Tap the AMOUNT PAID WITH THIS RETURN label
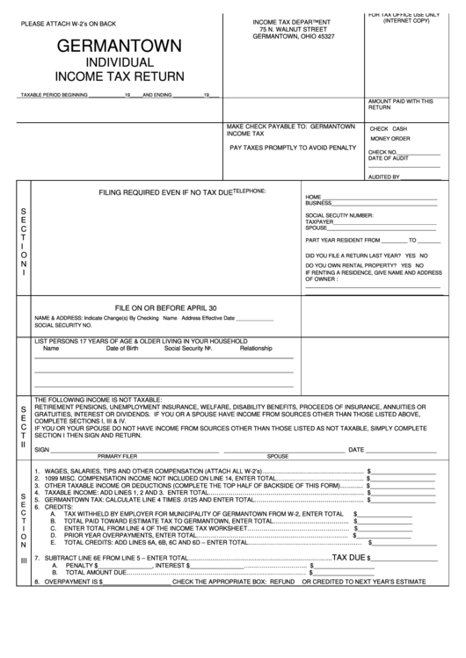click(x=400, y=105)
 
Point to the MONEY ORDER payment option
click(x=390, y=139)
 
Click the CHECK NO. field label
click(x=383, y=151)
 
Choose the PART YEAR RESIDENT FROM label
click(x=342, y=239)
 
